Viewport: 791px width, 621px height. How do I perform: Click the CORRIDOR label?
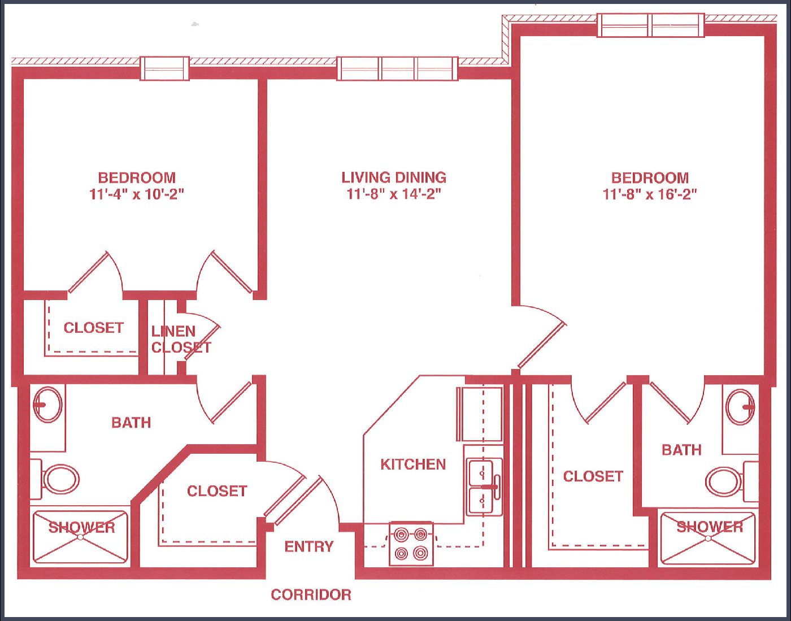(311, 595)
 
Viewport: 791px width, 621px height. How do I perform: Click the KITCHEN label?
(413, 464)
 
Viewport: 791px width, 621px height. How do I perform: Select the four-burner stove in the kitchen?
(411, 544)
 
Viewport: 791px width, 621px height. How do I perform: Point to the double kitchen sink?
(484, 487)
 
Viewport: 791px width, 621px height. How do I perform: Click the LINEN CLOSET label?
(181, 339)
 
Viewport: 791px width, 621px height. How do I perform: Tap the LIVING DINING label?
(394, 177)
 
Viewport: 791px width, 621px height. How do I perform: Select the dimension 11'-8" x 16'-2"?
(650, 195)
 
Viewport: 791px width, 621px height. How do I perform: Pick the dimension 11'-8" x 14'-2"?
(394, 195)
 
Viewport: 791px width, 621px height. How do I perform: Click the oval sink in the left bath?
(47, 405)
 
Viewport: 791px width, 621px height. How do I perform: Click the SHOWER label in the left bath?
(81, 527)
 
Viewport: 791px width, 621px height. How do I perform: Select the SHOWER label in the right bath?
(710, 527)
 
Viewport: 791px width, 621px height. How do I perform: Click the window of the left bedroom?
(165, 68)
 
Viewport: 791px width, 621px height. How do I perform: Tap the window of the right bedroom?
(651, 25)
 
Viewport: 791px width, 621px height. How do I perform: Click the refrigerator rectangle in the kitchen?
(480, 415)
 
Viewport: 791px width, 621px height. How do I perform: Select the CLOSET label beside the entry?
(217, 492)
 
